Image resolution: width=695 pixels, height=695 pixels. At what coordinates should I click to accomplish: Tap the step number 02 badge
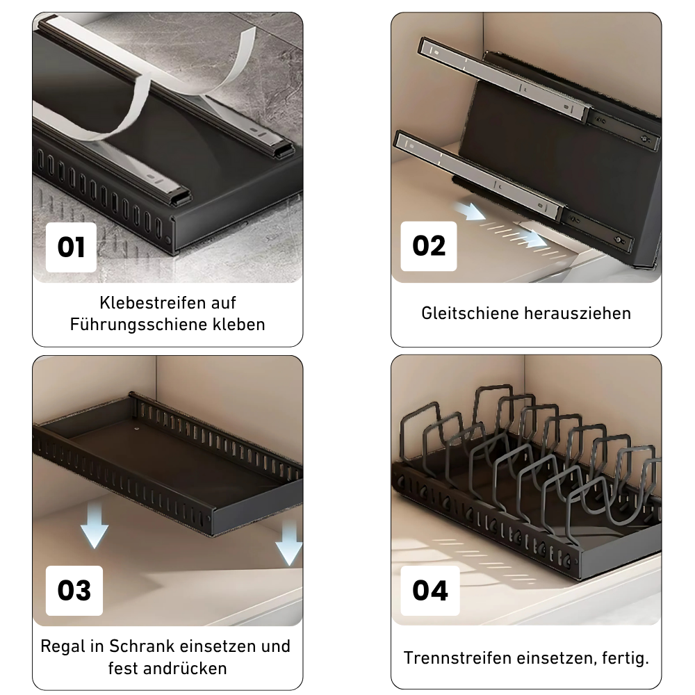click(x=429, y=246)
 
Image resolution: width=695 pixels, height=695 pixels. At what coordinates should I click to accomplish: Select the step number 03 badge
click(x=74, y=590)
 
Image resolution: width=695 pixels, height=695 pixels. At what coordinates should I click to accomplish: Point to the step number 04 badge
click(x=430, y=590)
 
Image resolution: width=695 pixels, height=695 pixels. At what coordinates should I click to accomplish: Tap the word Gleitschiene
click(x=469, y=313)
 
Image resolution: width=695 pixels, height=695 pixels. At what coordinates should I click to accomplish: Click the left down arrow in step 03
click(x=94, y=529)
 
